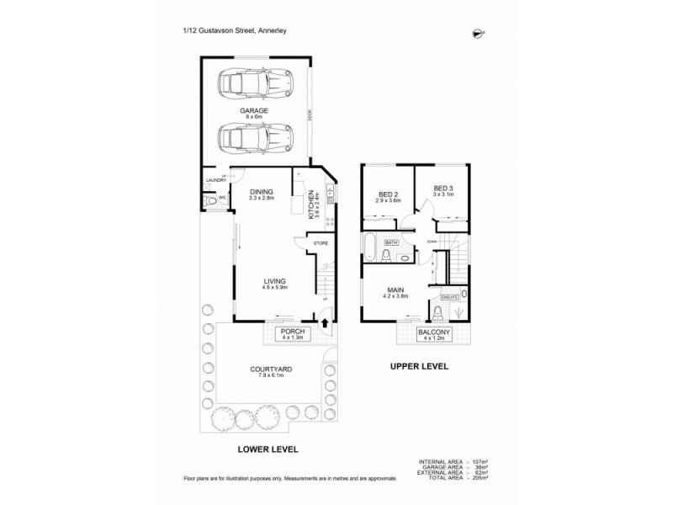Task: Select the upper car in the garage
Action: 255,83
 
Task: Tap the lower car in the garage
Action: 255,136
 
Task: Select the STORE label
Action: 321,244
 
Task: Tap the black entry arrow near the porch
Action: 327,321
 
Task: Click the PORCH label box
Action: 293,335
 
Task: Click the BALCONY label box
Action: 435,335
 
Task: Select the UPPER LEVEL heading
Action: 419,367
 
